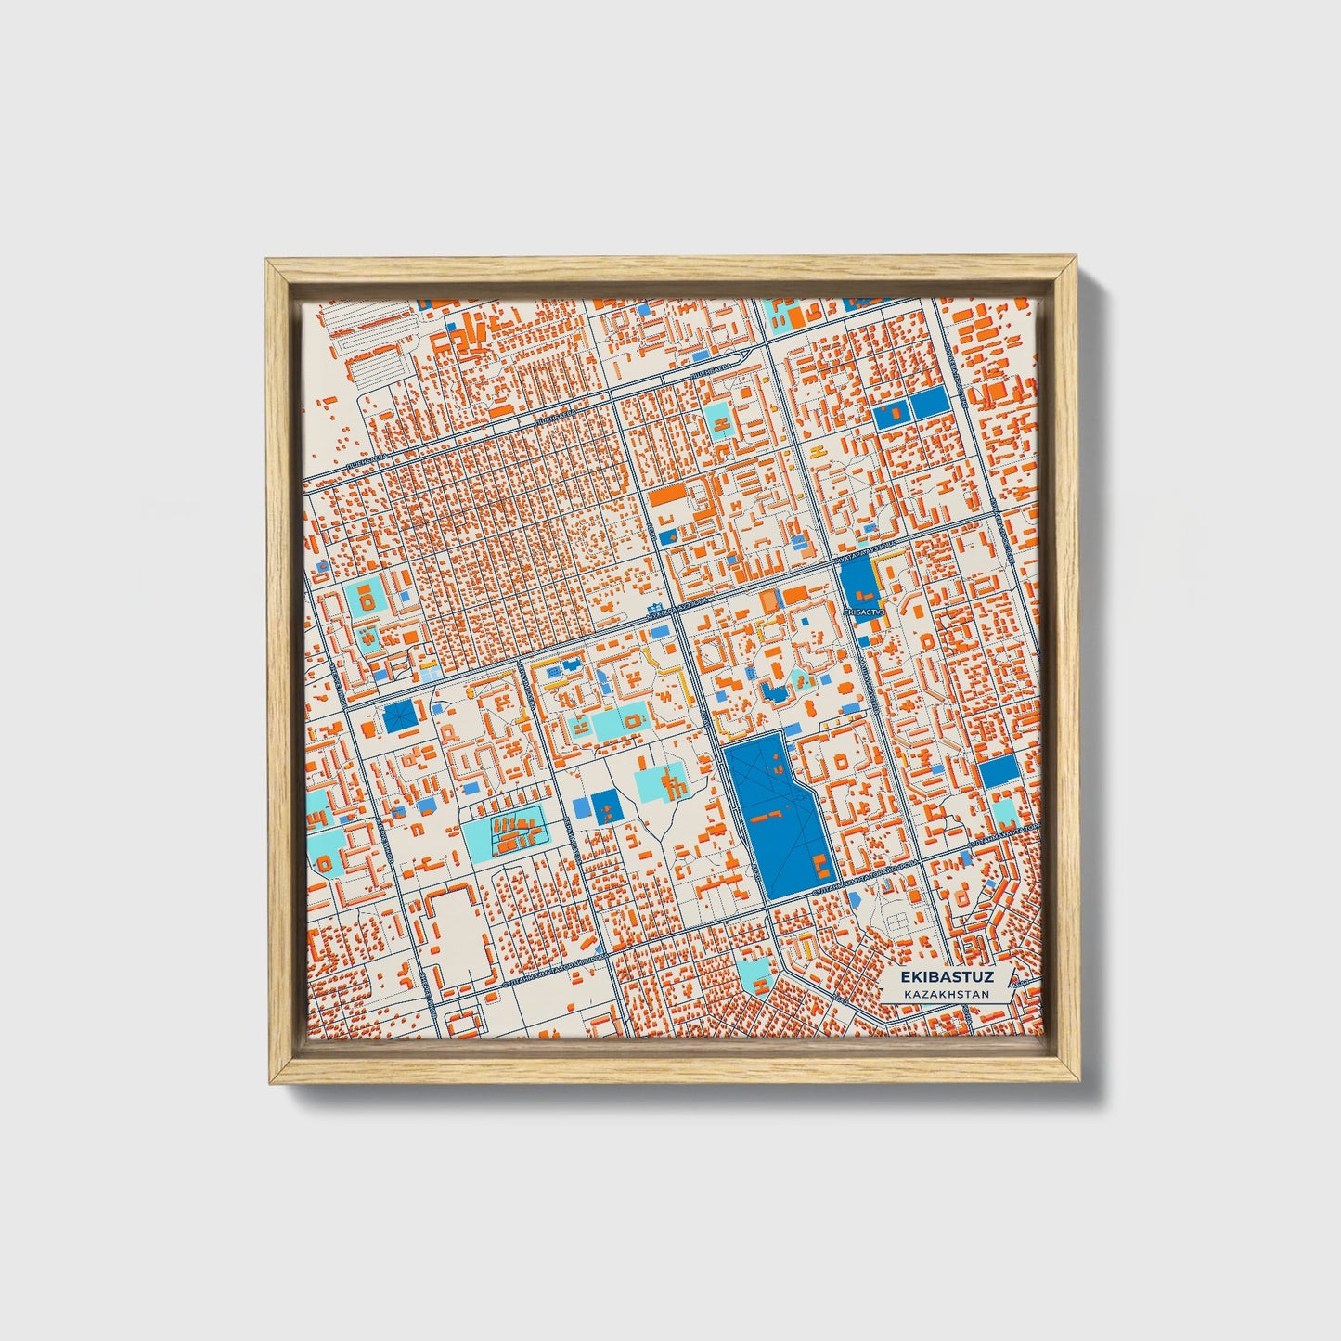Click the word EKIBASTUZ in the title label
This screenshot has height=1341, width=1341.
(x=948, y=977)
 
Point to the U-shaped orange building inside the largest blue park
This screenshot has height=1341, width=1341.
(x=821, y=867)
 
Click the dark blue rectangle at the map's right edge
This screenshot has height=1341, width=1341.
(x=999, y=772)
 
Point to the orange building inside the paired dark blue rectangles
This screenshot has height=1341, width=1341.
(x=891, y=409)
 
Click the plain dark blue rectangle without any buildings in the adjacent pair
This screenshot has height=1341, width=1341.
(x=926, y=405)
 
